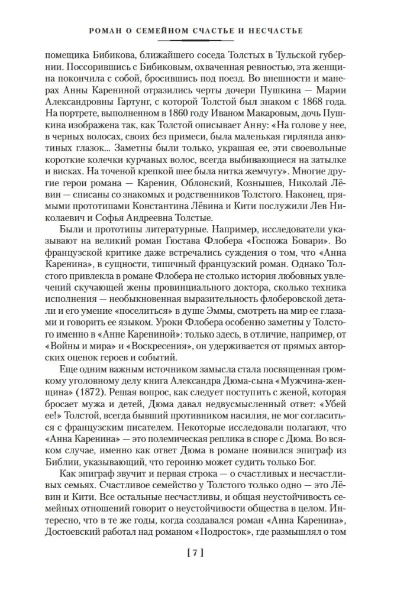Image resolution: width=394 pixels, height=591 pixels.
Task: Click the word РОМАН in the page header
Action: (102, 31)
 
